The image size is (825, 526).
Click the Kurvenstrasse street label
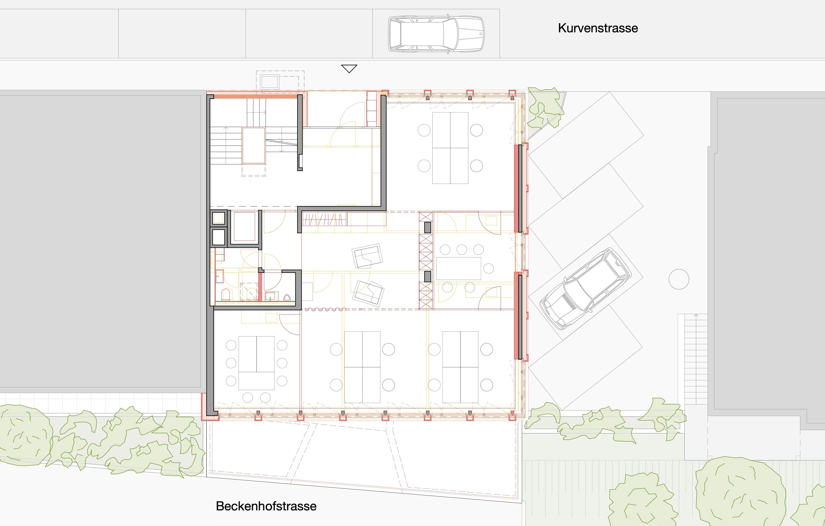coord(598,28)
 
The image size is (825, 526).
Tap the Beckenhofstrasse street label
coord(266,506)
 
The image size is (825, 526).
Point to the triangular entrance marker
coord(349,68)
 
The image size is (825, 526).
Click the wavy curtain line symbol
coord(325,309)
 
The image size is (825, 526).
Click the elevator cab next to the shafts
coord(244,226)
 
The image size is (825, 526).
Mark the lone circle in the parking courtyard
coord(679,279)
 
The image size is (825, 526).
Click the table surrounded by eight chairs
coord(256,363)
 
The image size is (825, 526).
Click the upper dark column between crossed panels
coord(428,228)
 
